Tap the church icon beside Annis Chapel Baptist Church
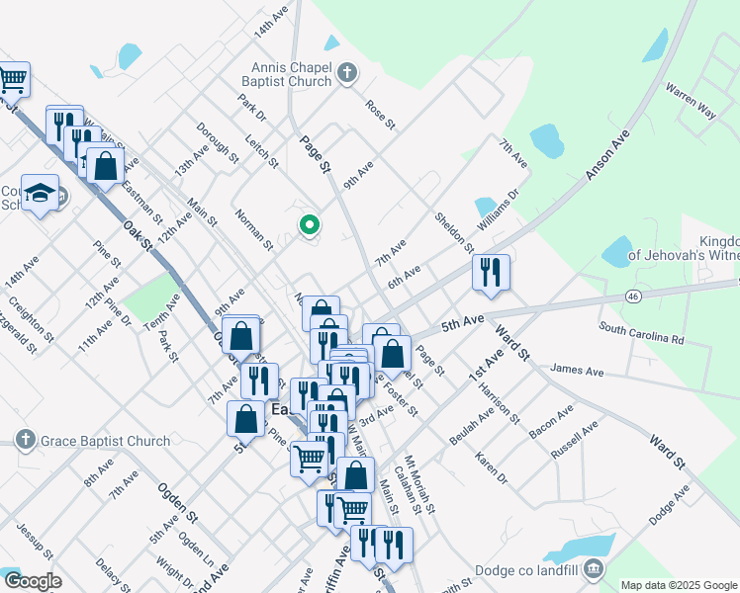point(347,72)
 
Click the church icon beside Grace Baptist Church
point(26,439)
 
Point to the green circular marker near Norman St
point(310,225)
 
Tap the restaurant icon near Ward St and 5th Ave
point(491,273)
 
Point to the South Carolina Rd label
point(642,332)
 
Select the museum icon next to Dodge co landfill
point(594,567)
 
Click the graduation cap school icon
point(41,192)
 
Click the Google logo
point(34,582)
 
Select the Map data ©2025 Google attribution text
point(678,585)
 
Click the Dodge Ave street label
point(669,505)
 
